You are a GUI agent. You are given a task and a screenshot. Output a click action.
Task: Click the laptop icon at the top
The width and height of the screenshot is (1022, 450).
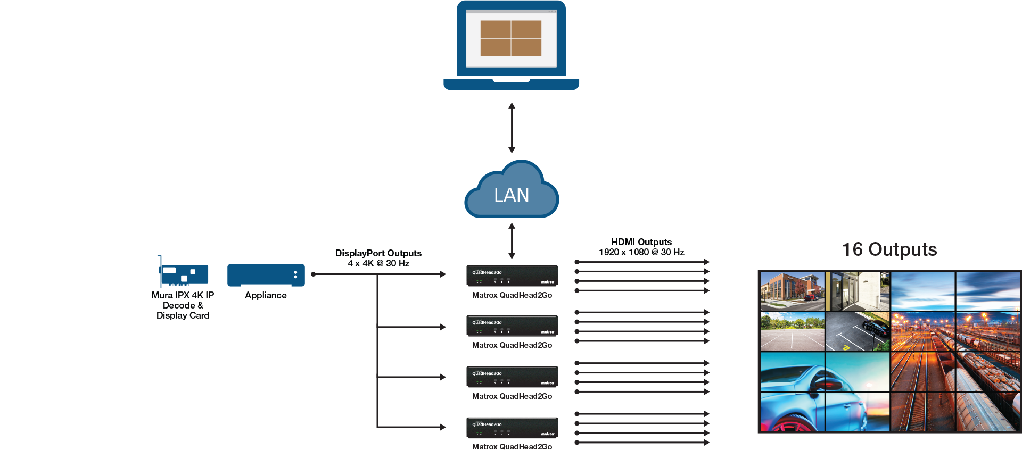click(x=511, y=45)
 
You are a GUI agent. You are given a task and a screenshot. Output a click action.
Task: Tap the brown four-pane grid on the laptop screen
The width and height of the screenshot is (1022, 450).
click(x=511, y=38)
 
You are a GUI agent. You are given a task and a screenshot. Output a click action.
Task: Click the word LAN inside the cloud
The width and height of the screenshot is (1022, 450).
click(x=512, y=195)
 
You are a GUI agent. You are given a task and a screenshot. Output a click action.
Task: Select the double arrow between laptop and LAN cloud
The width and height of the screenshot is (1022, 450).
click(x=512, y=128)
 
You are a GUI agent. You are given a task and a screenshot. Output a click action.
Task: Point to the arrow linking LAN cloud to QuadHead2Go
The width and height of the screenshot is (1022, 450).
click(x=512, y=241)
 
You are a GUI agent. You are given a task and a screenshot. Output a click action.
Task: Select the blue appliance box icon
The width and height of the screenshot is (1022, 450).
click(x=266, y=275)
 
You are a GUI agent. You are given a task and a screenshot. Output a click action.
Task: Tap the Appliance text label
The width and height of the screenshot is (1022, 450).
click(x=266, y=295)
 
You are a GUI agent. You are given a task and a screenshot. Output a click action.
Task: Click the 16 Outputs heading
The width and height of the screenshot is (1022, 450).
click(x=889, y=249)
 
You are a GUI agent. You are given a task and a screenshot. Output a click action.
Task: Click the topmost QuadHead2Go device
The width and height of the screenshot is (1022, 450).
click(x=512, y=276)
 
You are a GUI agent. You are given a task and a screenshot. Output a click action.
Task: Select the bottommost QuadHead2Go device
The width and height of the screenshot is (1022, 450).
click(x=512, y=428)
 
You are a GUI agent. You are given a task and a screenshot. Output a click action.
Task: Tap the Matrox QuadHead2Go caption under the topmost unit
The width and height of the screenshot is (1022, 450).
click(x=512, y=295)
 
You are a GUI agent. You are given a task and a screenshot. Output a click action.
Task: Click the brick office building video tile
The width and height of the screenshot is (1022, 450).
click(x=793, y=291)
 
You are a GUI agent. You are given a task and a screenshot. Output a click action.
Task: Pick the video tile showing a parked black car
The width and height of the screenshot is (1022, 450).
click(x=858, y=331)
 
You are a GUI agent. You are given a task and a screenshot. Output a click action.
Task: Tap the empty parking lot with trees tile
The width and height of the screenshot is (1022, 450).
click(x=793, y=331)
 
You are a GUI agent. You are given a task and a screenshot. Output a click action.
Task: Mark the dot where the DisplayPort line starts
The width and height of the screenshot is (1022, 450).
click(x=314, y=274)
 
